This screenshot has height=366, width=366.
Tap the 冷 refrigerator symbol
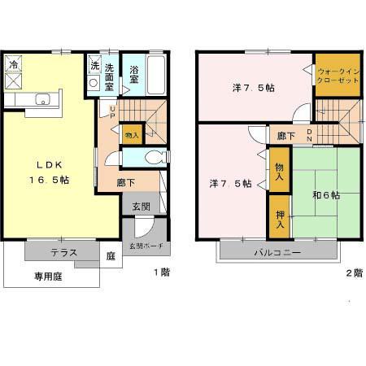(x=14, y=63)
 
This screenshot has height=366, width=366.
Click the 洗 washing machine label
(x=94, y=66)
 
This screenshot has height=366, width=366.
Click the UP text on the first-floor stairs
(x=112, y=109)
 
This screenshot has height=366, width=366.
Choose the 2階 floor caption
(x=353, y=273)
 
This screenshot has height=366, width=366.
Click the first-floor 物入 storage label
(x=132, y=133)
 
